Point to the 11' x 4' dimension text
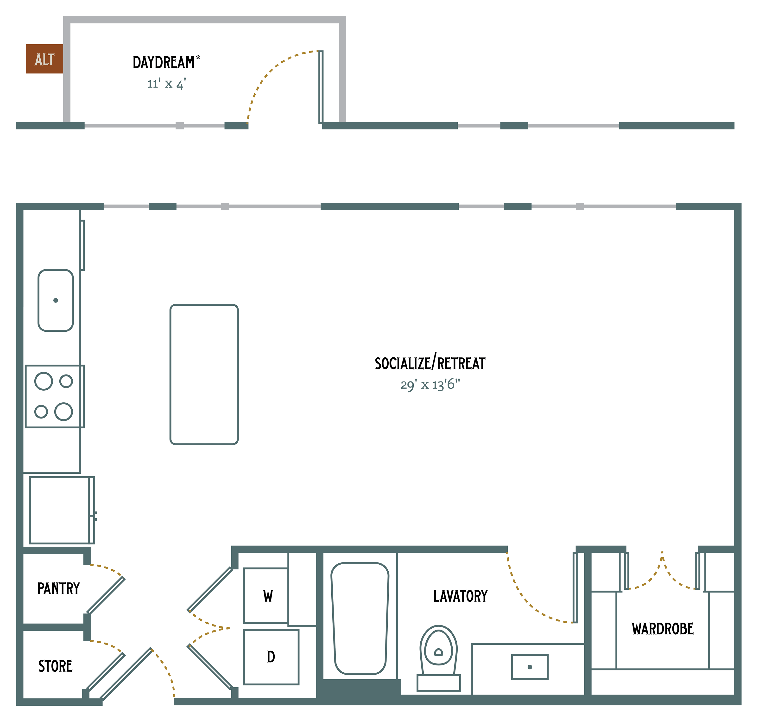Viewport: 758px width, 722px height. coord(166,84)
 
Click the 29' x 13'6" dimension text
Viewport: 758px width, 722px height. coord(430,385)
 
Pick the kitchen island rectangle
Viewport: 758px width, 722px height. coord(204,374)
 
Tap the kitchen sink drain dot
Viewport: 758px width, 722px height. coord(56,300)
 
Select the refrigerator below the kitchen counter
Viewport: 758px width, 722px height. coord(62,510)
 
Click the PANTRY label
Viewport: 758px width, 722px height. coord(58,588)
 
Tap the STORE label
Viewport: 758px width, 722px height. coord(55,666)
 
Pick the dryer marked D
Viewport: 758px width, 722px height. coord(271,657)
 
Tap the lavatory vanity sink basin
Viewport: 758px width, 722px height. coord(530,667)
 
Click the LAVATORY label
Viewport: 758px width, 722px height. coord(460,596)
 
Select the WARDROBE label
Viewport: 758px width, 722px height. coord(663,629)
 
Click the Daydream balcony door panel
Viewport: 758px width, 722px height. coord(321,87)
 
